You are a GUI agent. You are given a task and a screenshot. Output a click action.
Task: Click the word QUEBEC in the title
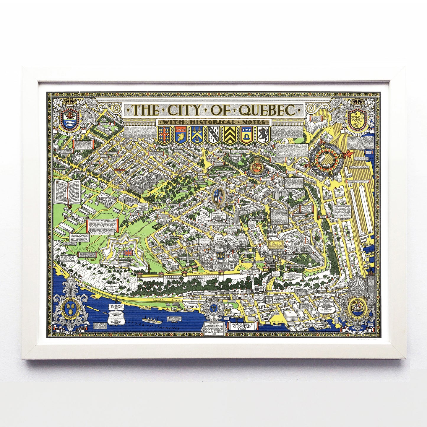tap(268, 110)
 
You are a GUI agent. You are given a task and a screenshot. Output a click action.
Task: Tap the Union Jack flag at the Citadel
tap(129, 253)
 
